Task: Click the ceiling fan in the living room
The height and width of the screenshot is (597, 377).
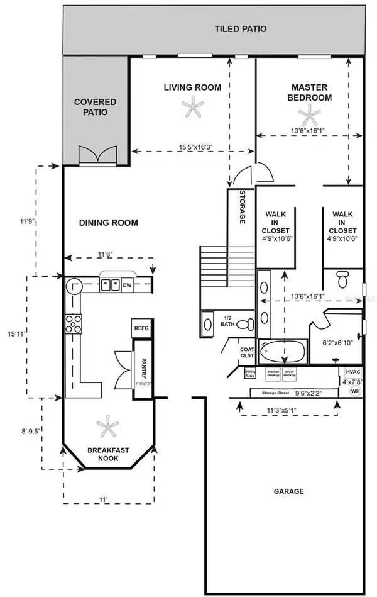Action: coord(192,109)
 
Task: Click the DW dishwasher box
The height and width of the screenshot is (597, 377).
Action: coord(128,285)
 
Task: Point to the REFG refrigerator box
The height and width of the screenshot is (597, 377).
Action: coord(139,328)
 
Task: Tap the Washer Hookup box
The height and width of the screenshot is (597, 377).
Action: coord(273,372)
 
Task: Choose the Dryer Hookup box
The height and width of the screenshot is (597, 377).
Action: coord(290,372)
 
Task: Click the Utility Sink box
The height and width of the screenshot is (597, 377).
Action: coord(249,373)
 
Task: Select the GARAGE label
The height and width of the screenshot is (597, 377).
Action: coord(288,491)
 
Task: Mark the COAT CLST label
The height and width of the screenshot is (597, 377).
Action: coord(246,352)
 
